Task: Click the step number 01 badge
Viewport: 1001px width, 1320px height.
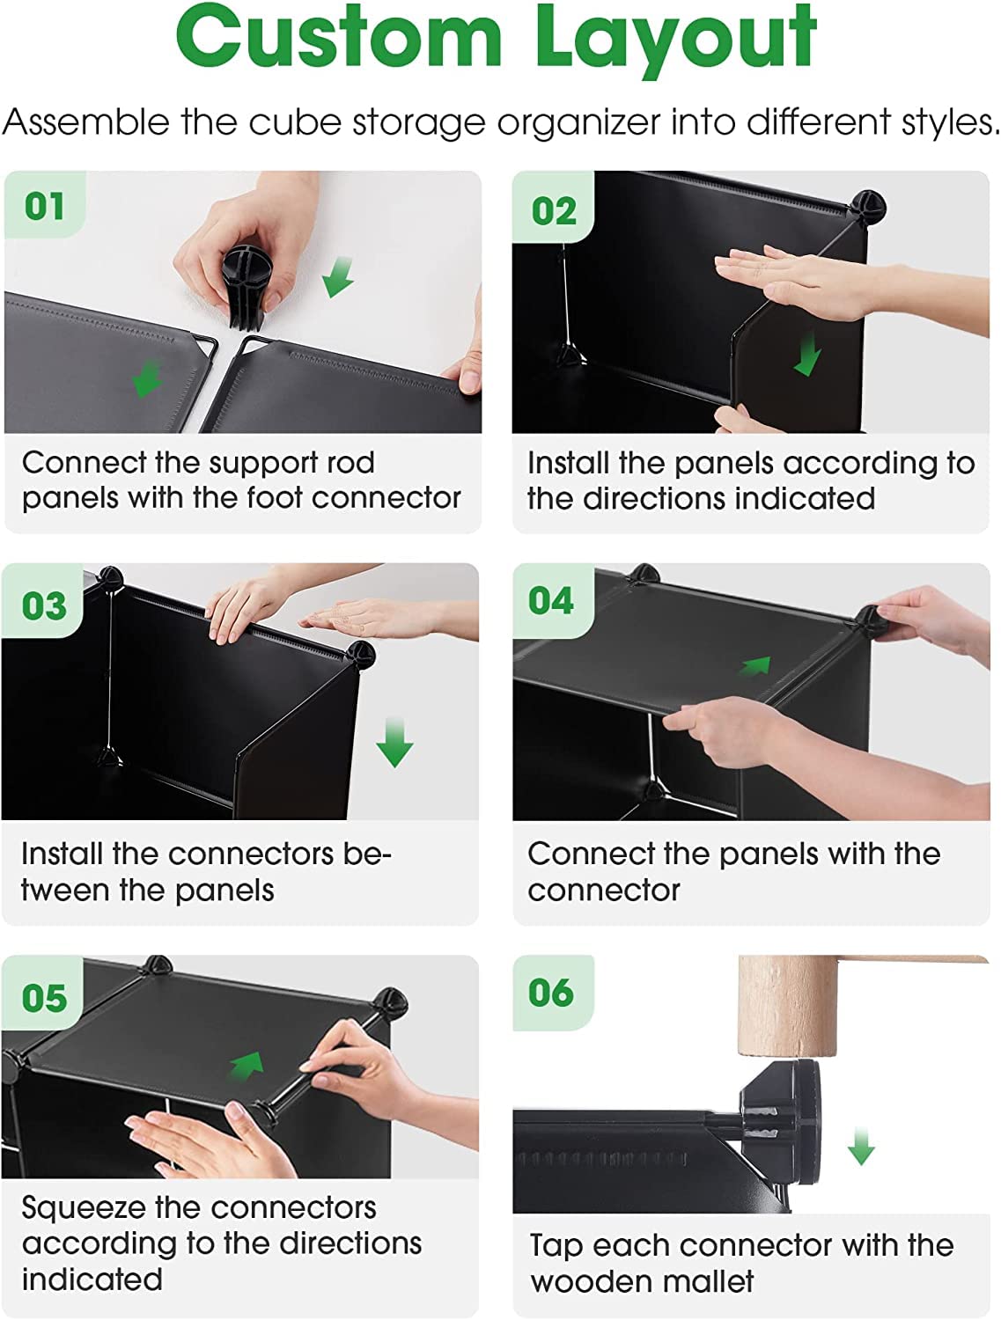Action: pos(45,205)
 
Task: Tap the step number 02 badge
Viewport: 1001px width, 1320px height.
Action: pos(554,208)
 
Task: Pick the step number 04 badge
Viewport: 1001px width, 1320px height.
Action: pos(552,600)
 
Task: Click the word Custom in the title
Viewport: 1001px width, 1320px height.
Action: pos(340,36)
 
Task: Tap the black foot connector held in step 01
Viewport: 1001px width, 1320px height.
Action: pos(246,289)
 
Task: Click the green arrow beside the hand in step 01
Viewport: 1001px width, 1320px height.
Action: pos(337,276)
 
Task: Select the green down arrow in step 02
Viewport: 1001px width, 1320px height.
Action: pos(806,355)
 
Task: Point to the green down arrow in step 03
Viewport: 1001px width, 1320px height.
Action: pos(394,743)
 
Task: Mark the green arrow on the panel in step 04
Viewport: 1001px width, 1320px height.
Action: pos(756,666)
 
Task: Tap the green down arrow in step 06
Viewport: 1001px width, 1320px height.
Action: pos(861,1147)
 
